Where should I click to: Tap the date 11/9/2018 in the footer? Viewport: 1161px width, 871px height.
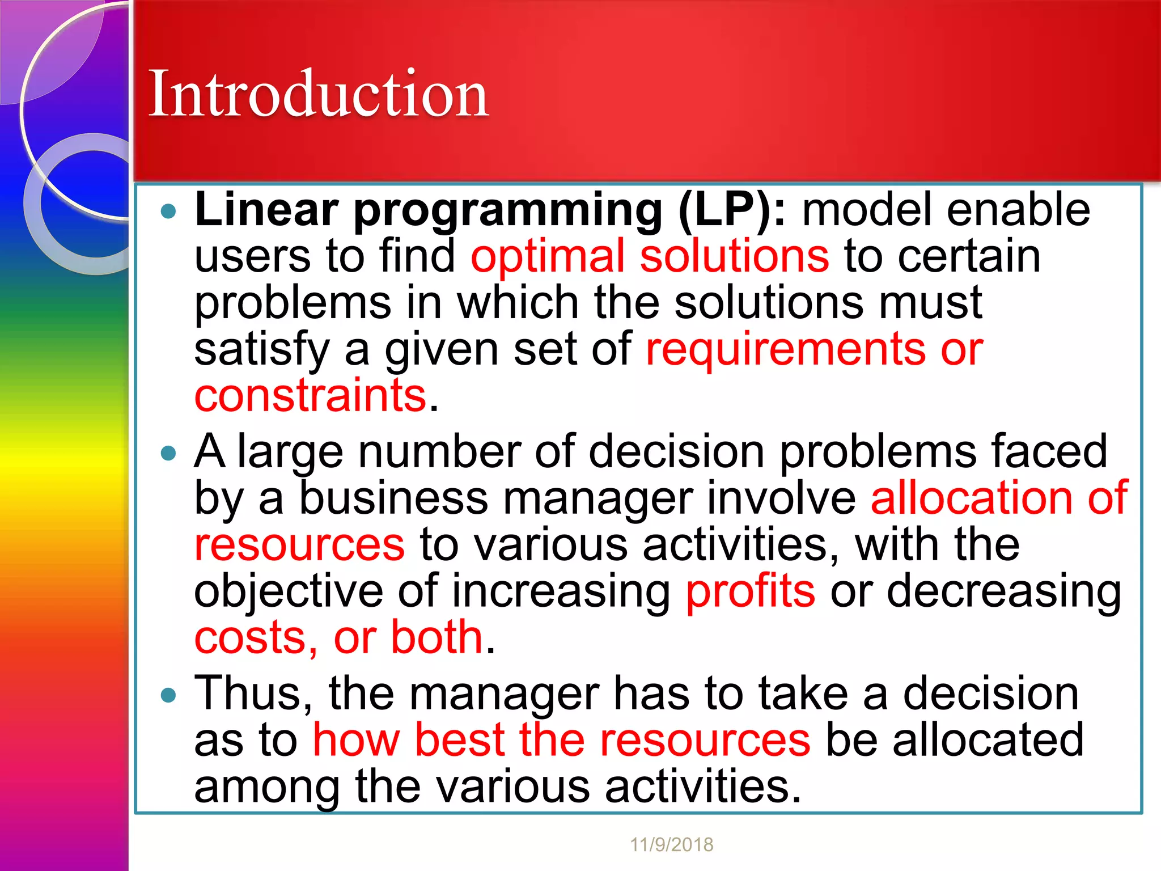point(671,845)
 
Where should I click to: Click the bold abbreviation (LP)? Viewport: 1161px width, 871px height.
point(732,210)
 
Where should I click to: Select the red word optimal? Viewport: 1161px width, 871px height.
point(548,257)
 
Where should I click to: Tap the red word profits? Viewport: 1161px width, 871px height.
point(750,591)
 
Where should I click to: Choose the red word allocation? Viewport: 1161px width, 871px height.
point(971,498)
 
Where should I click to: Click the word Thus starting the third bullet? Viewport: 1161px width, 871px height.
point(253,694)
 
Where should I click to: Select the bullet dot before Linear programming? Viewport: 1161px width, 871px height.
point(168,212)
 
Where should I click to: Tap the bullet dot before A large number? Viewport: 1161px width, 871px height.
point(168,453)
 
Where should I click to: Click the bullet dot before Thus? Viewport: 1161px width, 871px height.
point(168,695)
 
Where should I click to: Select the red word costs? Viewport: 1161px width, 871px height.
point(256,638)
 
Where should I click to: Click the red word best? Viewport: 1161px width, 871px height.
point(459,740)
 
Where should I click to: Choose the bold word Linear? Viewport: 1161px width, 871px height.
point(266,210)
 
